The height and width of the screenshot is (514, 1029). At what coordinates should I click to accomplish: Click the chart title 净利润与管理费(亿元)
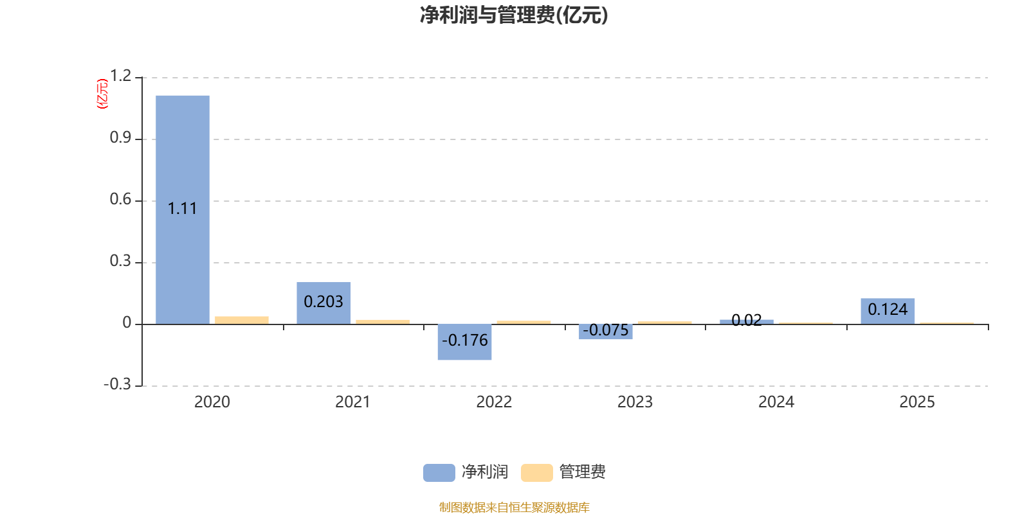(x=514, y=15)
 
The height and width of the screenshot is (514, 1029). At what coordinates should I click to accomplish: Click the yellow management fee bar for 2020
(x=242, y=320)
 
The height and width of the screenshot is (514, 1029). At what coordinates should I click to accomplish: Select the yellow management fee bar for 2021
(x=383, y=321)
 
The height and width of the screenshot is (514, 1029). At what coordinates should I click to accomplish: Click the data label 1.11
(x=182, y=209)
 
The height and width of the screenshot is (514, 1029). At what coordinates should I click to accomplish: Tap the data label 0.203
(x=323, y=301)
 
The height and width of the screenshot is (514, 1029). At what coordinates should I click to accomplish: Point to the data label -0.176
(x=465, y=340)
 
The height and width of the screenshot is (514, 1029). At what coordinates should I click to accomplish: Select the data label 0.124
(x=888, y=309)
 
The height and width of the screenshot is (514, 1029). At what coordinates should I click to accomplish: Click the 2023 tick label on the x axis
(x=635, y=402)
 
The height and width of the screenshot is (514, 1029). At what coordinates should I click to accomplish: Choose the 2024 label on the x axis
(x=776, y=402)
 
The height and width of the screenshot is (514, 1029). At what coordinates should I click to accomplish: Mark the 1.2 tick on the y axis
(x=120, y=76)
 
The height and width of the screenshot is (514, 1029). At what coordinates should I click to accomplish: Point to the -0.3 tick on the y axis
(x=117, y=384)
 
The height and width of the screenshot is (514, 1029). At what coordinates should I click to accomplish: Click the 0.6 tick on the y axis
(x=120, y=200)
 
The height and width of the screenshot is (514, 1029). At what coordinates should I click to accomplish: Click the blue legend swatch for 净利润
(x=439, y=472)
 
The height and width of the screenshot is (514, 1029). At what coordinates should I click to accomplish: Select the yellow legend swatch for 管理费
(x=536, y=472)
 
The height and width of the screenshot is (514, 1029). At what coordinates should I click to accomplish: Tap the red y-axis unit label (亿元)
(x=102, y=94)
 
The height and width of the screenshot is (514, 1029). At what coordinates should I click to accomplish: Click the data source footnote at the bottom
(x=514, y=508)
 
